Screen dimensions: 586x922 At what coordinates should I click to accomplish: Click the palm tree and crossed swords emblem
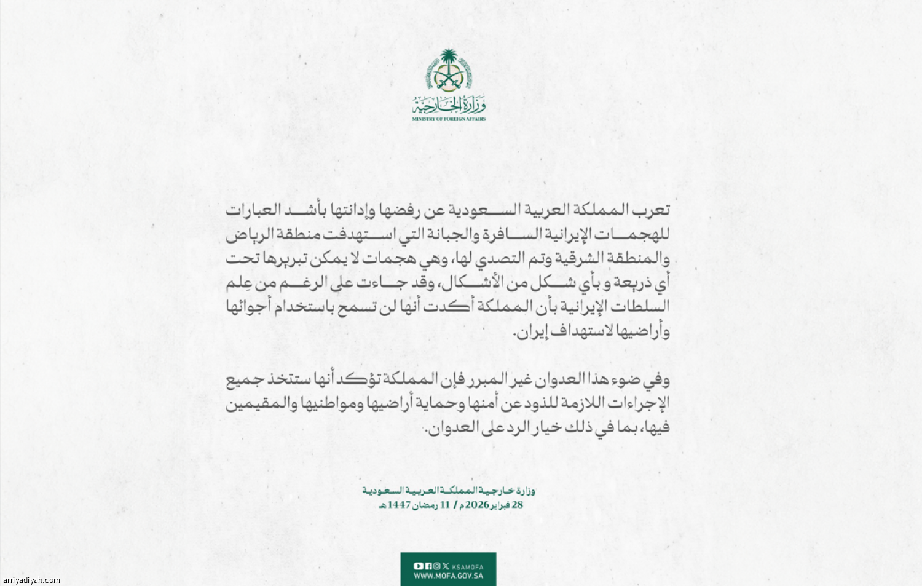click(449, 71)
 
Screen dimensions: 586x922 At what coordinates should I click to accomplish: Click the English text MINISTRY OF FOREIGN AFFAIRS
click(449, 119)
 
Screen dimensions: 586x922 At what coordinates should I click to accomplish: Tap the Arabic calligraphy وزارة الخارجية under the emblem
click(449, 105)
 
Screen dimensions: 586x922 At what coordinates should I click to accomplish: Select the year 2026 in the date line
click(477, 505)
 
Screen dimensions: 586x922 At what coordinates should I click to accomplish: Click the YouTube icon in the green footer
click(419, 566)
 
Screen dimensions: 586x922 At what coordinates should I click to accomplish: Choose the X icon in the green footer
click(445, 566)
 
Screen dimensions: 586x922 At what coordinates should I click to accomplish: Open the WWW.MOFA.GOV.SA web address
click(448, 576)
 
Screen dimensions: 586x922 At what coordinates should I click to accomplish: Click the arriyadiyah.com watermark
click(31, 580)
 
